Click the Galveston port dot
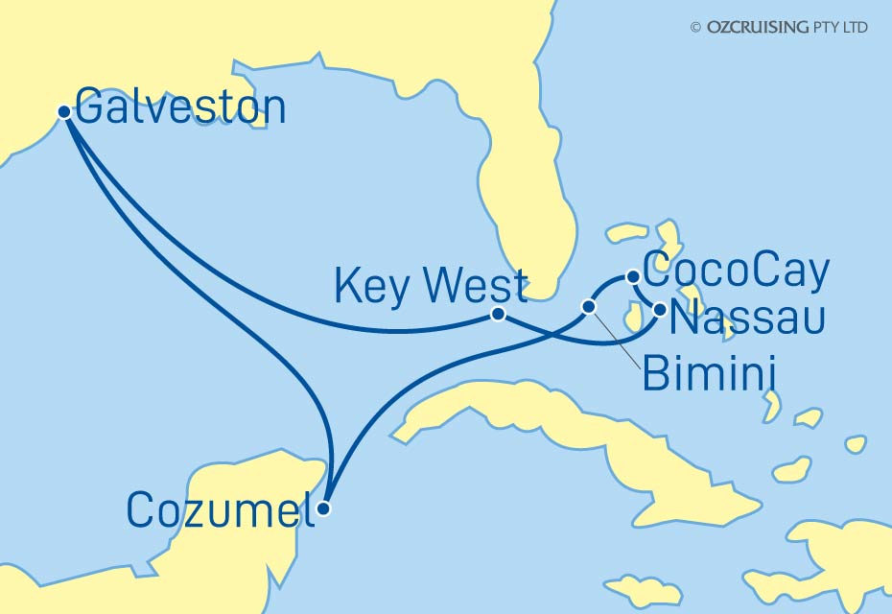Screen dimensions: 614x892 [x=64, y=111]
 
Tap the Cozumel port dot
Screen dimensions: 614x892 [x=324, y=509]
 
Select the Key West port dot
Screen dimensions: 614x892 [x=498, y=314]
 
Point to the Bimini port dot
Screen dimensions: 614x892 [x=589, y=306]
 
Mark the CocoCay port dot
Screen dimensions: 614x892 [x=632, y=277]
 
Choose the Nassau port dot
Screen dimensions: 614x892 [x=660, y=309]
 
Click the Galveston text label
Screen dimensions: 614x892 [x=180, y=107]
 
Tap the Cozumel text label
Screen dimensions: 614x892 [x=221, y=509]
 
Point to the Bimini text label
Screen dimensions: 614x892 [x=708, y=374]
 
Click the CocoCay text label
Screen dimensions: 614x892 [x=735, y=272]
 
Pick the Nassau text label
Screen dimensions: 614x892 [x=746, y=319]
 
